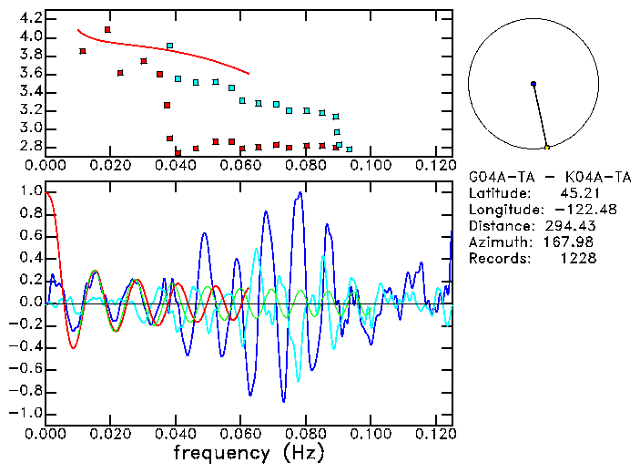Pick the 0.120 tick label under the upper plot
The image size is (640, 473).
[x=435, y=165]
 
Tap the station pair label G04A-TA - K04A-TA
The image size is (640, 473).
[x=549, y=176]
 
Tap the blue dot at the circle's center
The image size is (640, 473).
[x=533, y=84]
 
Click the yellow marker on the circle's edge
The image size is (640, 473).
[x=546, y=147]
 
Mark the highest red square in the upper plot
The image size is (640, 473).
[x=108, y=30]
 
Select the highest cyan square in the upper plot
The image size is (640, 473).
[x=169, y=46]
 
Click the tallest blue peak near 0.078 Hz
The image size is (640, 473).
[x=299, y=193]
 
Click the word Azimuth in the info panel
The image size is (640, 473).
[x=497, y=242]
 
